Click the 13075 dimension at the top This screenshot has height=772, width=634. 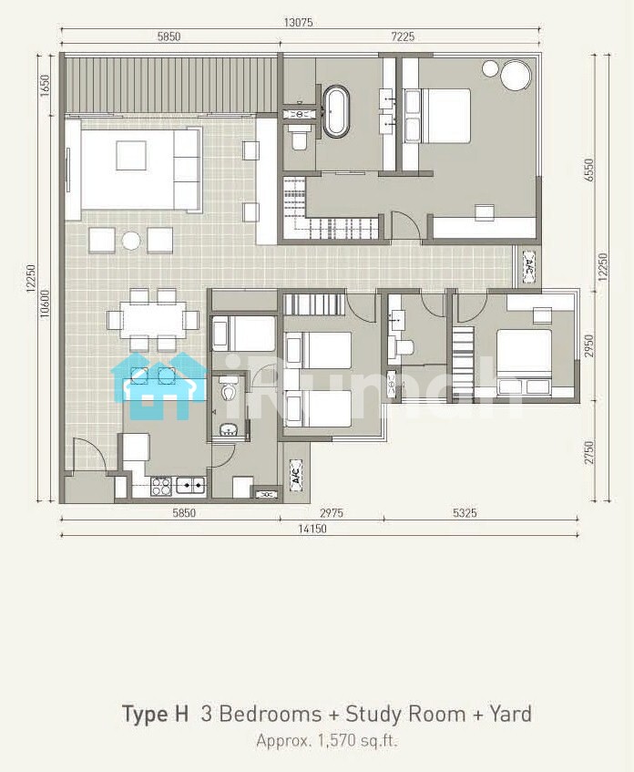[298, 22]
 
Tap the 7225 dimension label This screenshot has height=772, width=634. [402, 36]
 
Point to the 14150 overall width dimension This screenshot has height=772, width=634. [312, 529]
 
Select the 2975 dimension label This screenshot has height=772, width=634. [332, 513]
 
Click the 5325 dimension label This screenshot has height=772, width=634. [465, 513]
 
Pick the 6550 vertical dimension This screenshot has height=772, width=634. [589, 170]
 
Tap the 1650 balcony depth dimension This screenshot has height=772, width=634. [46, 86]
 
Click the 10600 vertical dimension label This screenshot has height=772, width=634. [46, 304]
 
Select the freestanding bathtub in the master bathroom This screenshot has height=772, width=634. [336, 111]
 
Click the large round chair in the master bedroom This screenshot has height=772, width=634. [516, 76]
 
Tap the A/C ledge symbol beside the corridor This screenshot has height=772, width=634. [528, 267]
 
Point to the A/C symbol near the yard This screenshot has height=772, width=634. [296, 476]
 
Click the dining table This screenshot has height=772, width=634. [153, 319]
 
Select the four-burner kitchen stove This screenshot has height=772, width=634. [161, 487]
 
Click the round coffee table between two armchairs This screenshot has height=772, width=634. [131, 241]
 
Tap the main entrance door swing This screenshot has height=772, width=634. [88, 456]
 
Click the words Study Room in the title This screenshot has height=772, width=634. [405, 714]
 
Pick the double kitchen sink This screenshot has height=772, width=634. [190, 487]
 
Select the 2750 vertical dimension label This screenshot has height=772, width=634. [589, 451]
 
